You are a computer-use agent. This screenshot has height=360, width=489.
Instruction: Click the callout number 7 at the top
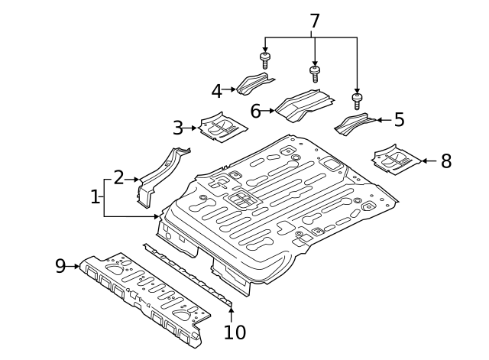(x=314, y=21)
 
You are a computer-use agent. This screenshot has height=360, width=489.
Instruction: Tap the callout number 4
(x=217, y=91)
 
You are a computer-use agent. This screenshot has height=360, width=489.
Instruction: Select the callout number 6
(x=256, y=112)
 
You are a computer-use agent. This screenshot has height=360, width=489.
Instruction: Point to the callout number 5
(x=398, y=120)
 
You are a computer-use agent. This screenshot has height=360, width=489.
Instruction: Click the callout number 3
(x=178, y=128)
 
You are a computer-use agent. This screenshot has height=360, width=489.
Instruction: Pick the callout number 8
(x=446, y=161)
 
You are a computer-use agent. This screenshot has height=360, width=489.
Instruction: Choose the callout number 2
(x=118, y=178)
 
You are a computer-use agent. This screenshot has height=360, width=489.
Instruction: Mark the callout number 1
(x=95, y=197)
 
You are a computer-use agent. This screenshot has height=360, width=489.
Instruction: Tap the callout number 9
(x=61, y=266)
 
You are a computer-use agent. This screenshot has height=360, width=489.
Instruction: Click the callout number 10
(x=235, y=332)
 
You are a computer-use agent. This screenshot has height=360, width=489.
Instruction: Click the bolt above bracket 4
(x=264, y=60)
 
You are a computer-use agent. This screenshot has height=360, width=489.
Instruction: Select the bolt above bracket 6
(x=314, y=74)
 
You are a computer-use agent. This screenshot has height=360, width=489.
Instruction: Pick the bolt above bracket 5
(x=357, y=99)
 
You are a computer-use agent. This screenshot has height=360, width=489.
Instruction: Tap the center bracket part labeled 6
(x=303, y=105)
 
